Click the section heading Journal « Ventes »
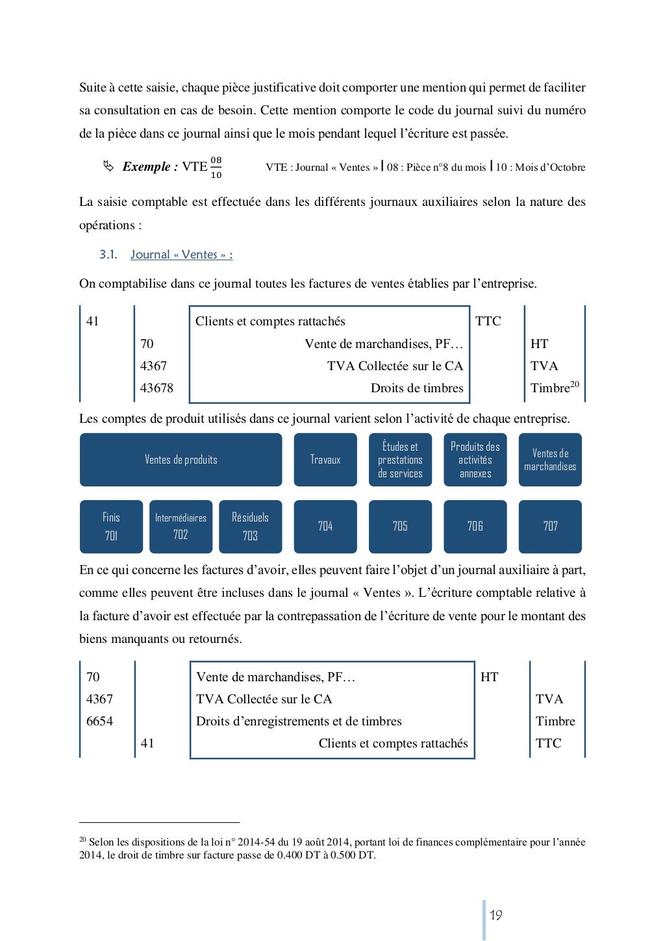pyautogui.click(x=181, y=255)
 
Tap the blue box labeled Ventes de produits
pyautogui.click(x=181, y=460)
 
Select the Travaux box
pyautogui.click(x=325, y=460)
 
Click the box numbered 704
pyautogui.click(x=325, y=526)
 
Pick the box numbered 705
pyautogui.click(x=400, y=526)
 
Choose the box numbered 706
pyautogui.click(x=475, y=526)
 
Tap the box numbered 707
pyautogui.click(x=550, y=526)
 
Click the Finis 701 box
pyautogui.click(x=111, y=526)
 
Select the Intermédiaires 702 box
pyautogui.click(x=181, y=526)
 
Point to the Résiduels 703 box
pyautogui.click(x=250, y=526)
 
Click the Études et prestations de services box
pyautogui.click(x=400, y=460)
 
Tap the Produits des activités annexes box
pyautogui.click(x=475, y=460)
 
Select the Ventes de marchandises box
pyautogui.click(x=550, y=460)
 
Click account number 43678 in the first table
pyautogui.click(x=157, y=388)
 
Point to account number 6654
pyautogui.click(x=99, y=721)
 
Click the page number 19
pyautogui.click(x=496, y=916)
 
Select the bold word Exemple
pyautogui.click(x=147, y=167)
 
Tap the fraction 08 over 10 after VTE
pyautogui.click(x=216, y=168)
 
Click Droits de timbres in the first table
pyautogui.click(x=417, y=388)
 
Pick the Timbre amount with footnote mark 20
pyautogui.click(x=554, y=388)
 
